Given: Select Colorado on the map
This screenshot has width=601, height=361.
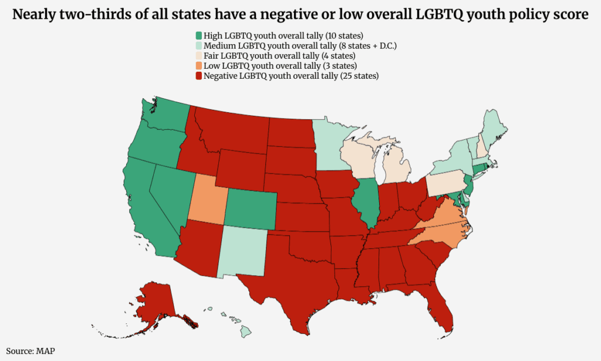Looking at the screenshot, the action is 250,209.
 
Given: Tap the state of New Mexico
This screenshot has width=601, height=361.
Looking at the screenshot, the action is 242,251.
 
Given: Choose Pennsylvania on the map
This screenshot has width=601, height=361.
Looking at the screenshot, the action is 445,183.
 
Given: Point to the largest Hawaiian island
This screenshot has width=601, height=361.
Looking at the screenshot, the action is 246,332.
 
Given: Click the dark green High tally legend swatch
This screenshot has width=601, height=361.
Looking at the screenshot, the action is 198,36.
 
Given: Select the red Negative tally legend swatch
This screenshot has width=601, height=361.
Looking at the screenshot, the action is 198,76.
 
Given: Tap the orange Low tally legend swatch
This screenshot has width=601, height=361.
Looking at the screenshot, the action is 198,66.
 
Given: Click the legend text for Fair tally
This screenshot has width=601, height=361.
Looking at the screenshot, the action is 279,56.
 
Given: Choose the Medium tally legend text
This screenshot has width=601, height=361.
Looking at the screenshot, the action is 300,46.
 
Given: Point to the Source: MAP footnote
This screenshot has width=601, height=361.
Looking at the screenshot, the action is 31,351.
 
